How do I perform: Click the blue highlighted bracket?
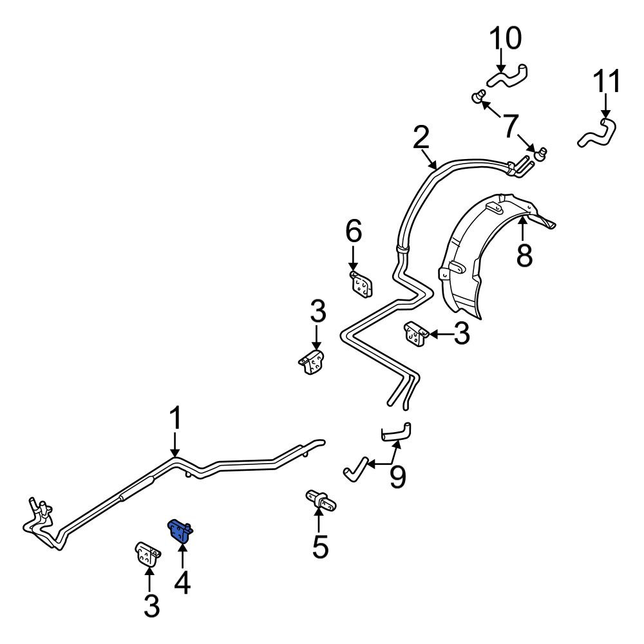pos(180,530)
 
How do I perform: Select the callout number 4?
pos(182,583)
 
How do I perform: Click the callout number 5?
pos(320,547)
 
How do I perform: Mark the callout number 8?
pos(524,254)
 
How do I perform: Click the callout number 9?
pos(397,477)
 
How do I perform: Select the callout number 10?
pos(506,38)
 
